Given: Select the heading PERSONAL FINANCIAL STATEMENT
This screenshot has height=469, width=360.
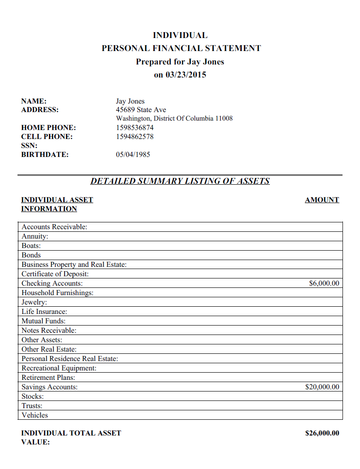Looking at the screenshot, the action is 181,48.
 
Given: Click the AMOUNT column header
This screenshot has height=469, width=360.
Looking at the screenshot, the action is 321,200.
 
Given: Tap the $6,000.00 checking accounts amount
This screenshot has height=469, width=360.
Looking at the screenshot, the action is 319,283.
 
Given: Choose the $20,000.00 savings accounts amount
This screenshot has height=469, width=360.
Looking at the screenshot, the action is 317,386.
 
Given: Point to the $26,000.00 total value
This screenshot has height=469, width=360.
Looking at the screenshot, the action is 317,434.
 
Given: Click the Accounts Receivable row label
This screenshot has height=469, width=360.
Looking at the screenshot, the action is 54,227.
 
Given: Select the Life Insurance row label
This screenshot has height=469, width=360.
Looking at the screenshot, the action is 46,311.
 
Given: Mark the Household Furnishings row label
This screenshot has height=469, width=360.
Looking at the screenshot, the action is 57,293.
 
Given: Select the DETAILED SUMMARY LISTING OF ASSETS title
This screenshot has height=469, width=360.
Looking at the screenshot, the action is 180,182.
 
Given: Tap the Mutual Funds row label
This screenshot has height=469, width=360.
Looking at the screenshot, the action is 44,321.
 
